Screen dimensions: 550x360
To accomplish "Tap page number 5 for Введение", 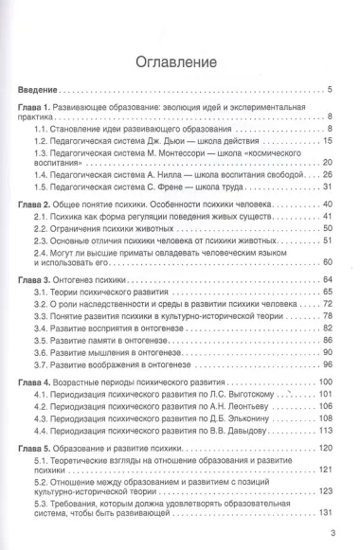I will [328, 90].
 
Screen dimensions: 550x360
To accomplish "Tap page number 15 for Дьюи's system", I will [326, 141].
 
